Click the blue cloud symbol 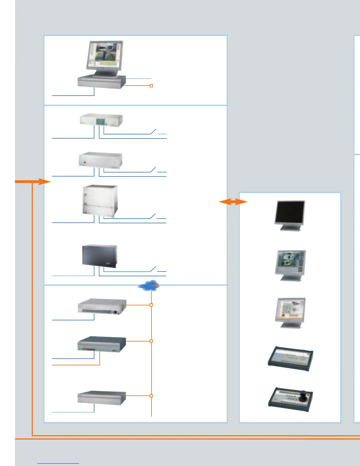click(148, 285)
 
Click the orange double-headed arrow click(233, 202)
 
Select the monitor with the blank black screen click(290, 213)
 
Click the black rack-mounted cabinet click(99, 256)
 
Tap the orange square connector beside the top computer click(151, 86)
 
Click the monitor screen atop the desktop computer click(104, 55)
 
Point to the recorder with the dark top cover click(101, 344)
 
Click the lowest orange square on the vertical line click(151, 396)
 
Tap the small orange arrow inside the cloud click(156, 285)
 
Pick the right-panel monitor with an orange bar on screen click(291, 309)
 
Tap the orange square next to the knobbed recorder click(151, 305)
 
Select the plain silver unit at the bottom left click(101, 398)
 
